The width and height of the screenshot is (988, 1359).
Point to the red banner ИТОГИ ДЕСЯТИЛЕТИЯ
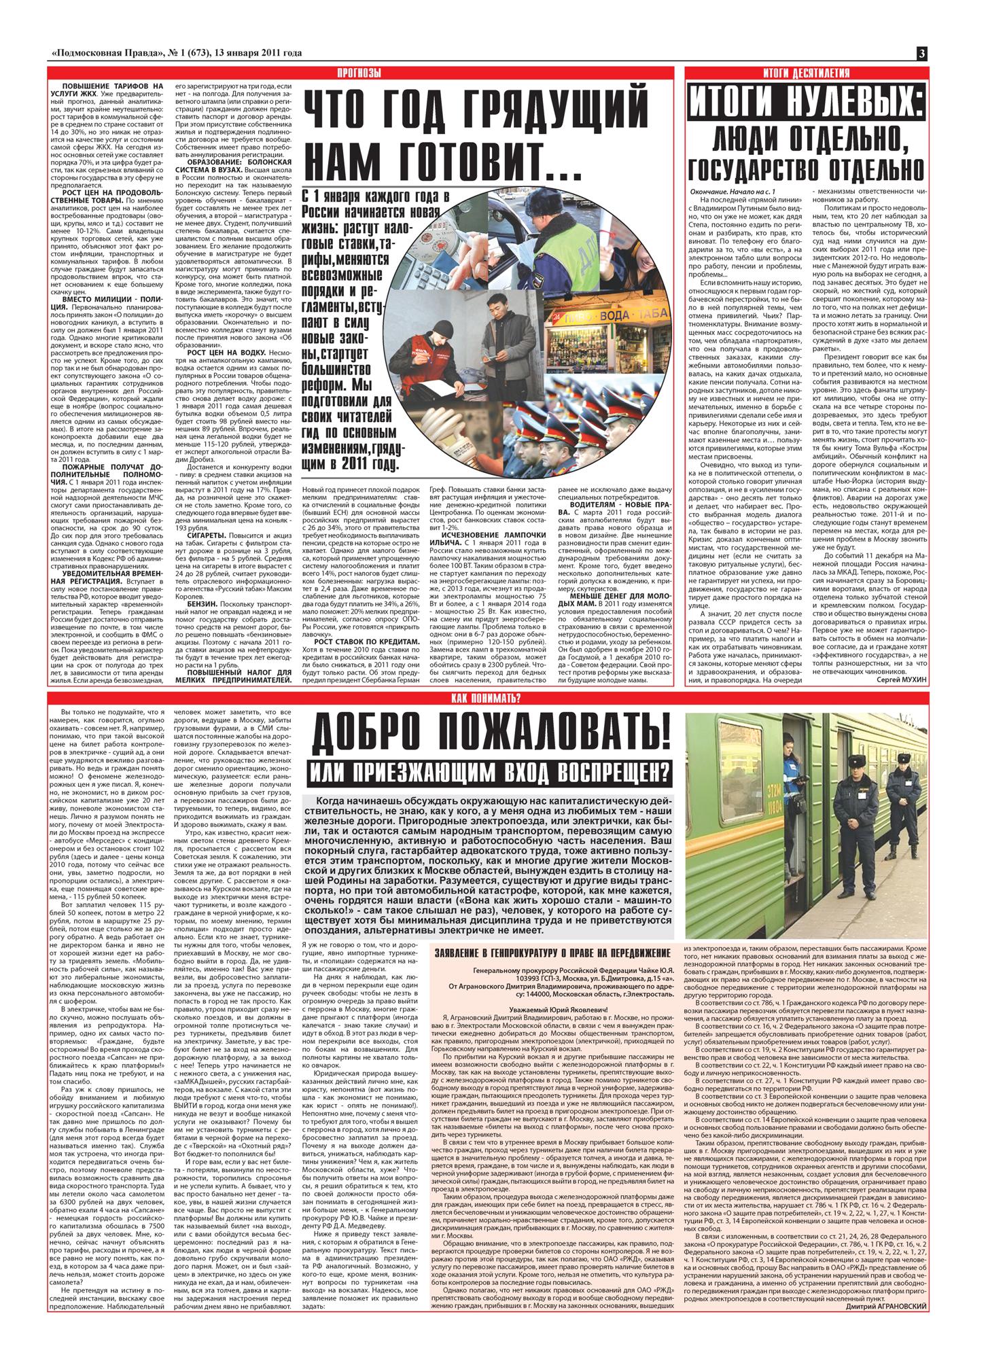[806, 73]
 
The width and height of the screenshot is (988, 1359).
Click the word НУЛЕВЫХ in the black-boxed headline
[849, 104]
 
